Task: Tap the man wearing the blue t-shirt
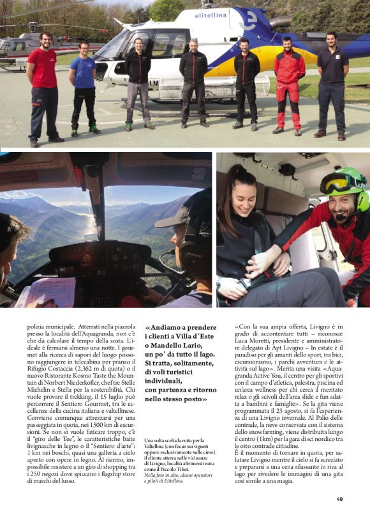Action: [x=83, y=83]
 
